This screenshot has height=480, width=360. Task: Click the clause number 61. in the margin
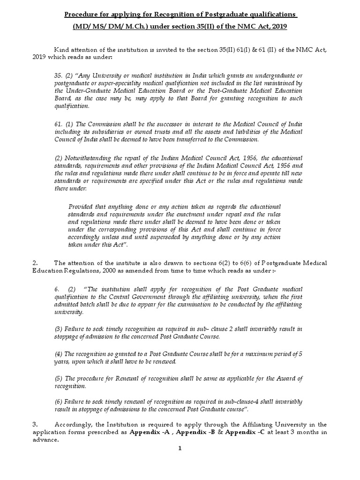(x=60, y=123)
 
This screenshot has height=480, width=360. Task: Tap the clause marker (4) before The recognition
(x=60, y=354)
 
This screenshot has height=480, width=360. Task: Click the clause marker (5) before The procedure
(x=60, y=378)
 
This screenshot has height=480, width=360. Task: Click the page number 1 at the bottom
(x=180, y=449)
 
